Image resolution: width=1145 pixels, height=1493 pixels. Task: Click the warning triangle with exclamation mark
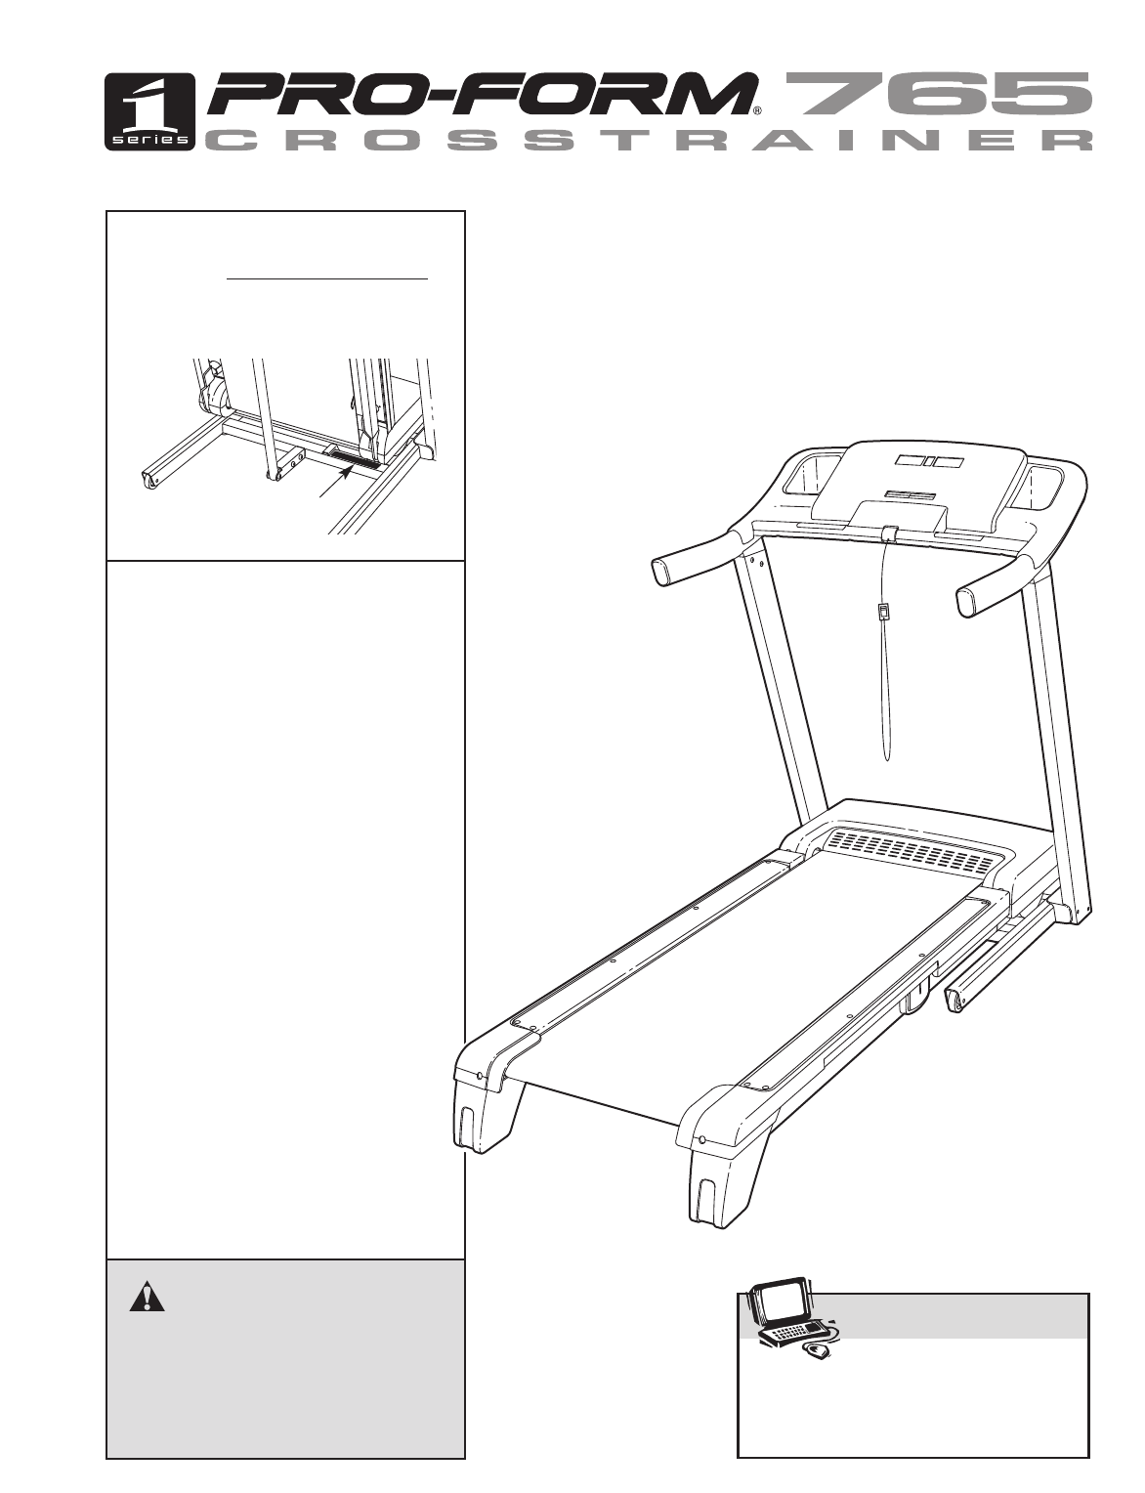pos(147,1296)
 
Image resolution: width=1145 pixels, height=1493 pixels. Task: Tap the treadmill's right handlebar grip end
pos(969,603)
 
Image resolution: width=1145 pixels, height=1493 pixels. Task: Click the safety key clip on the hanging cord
pos(883,610)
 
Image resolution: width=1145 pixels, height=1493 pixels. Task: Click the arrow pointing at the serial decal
pos(339,481)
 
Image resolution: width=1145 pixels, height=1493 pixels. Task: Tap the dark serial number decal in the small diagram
pos(355,459)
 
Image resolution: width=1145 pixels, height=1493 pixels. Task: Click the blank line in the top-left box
pos(327,278)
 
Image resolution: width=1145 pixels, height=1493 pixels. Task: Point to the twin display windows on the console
pos(925,462)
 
